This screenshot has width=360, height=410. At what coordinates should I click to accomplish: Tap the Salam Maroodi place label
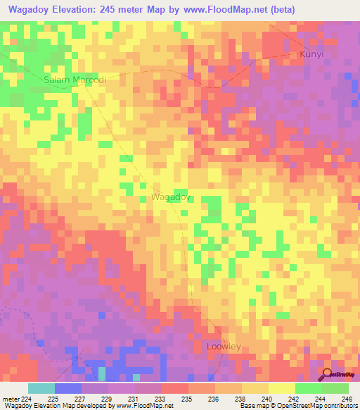click(x=75, y=80)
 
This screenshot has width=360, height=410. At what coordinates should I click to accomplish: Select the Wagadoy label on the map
click(x=171, y=198)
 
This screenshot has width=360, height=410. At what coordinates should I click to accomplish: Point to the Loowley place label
click(x=224, y=347)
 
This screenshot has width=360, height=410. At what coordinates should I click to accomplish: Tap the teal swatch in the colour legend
click(x=41, y=388)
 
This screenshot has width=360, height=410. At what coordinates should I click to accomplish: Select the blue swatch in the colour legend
click(x=67, y=388)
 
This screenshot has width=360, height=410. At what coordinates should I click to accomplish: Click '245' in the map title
click(x=111, y=9)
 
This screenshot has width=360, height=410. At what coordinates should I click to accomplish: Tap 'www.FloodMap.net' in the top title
click(x=225, y=9)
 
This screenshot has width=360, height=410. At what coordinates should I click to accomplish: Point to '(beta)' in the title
click(x=286, y=9)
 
